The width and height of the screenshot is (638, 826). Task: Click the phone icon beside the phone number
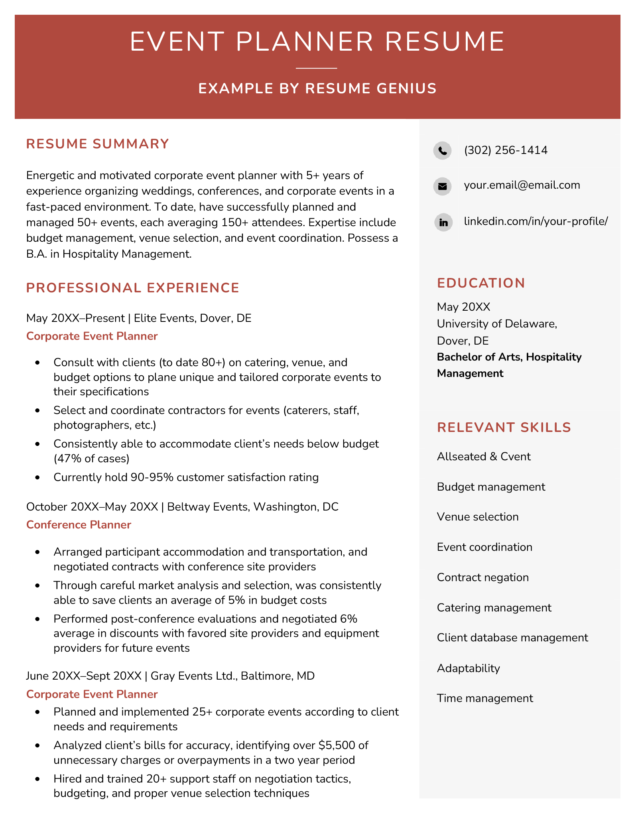(x=442, y=150)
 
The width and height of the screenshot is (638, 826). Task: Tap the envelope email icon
(x=442, y=186)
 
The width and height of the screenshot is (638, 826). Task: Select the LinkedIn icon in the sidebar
(x=443, y=222)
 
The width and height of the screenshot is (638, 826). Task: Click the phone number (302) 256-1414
(x=506, y=150)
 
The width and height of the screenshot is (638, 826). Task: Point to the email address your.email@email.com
(x=522, y=185)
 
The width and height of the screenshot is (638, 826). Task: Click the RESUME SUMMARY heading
(x=98, y=144)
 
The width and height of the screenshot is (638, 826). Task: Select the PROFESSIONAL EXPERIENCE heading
(x=132, y=288)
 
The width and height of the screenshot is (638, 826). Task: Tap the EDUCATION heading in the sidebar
(x=481, y=283)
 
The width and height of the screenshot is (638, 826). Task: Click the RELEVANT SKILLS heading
(x=504, y=428)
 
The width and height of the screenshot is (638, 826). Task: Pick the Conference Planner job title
(x=79, y=525)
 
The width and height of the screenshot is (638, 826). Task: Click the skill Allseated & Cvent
(x=484, y=457)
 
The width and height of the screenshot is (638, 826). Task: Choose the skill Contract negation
(x=482, y=578)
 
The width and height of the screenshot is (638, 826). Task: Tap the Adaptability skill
(x=468, y=668)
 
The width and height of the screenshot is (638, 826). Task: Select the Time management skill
(x=485, y=698)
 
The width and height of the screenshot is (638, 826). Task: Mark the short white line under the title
(x=316, y=68)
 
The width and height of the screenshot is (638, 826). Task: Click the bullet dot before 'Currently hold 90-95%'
(x=38, y=477)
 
